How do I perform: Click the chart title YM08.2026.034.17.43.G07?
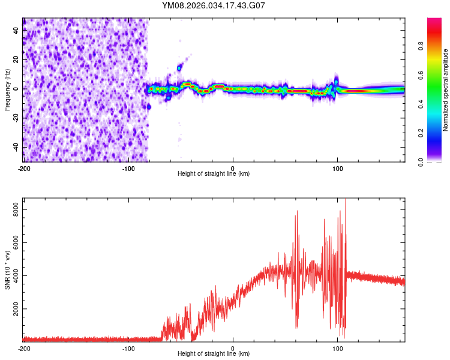214,5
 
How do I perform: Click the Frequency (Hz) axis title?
7,89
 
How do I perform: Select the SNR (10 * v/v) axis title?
7,271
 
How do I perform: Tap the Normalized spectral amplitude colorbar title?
445,90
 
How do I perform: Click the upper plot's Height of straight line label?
214,174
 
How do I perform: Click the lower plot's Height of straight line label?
214,354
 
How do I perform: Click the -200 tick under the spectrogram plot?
24,167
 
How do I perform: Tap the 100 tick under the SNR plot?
337,347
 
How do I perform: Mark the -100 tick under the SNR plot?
128,347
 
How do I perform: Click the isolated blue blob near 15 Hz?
179,67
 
